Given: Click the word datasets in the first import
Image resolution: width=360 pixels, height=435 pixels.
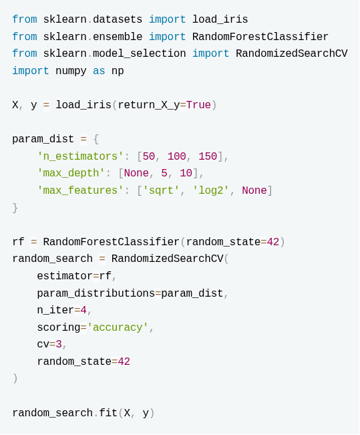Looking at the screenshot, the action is tap(118, 19).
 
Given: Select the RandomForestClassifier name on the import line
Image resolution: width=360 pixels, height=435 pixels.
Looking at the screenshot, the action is tap(260, 37).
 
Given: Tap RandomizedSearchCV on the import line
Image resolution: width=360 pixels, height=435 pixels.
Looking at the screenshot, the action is tap(291, 53).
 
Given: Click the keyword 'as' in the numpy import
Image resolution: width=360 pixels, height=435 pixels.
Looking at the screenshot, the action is tap(99, 71).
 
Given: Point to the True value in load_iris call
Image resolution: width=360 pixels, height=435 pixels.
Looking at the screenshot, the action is tap(198, 105).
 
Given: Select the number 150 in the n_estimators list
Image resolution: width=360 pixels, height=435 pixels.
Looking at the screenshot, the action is tap(208, 156).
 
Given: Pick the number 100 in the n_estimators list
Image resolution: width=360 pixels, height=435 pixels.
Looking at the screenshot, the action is tap(177, 156).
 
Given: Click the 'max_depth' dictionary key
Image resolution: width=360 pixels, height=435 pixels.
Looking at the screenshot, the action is tap(71, 173).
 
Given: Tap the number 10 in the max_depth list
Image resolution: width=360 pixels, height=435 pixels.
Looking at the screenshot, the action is tap(186, 173).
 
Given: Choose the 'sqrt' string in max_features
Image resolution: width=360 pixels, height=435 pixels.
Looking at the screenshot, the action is tap(161, 190).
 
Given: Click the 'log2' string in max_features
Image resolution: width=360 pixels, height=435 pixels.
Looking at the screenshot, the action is tap(211, 190).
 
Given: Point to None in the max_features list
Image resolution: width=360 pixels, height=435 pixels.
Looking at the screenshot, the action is tap(254, 190).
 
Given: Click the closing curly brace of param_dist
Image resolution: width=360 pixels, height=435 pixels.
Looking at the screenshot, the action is tap(15, 208).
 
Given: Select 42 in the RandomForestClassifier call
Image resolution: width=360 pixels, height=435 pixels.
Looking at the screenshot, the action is tap(273, 242).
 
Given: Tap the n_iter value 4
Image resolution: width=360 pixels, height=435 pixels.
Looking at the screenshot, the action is tap(83, 310).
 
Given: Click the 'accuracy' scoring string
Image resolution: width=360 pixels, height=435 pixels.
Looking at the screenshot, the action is tap(118, 327).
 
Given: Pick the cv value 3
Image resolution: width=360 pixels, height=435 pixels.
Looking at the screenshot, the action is tap(59, 344).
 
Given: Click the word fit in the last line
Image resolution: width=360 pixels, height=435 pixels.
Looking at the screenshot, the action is tap(108, 413).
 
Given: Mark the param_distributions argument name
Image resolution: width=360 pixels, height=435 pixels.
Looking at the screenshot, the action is tap(96, 293).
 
